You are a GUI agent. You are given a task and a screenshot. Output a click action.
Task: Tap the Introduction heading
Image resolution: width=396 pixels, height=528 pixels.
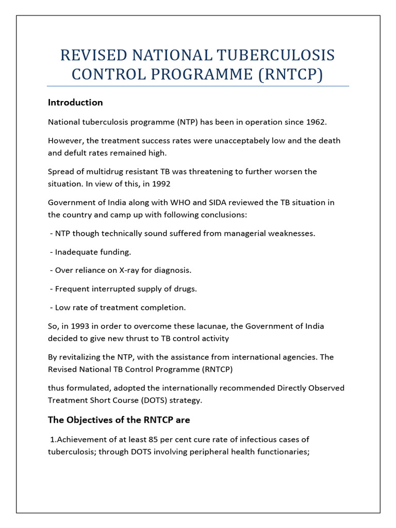click(x=75, y=102)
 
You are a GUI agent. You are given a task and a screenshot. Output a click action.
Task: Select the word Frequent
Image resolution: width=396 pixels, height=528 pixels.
click(x=71, y=289)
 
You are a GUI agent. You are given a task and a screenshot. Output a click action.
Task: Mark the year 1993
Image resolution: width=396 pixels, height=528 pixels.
click(x=72, y=326)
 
